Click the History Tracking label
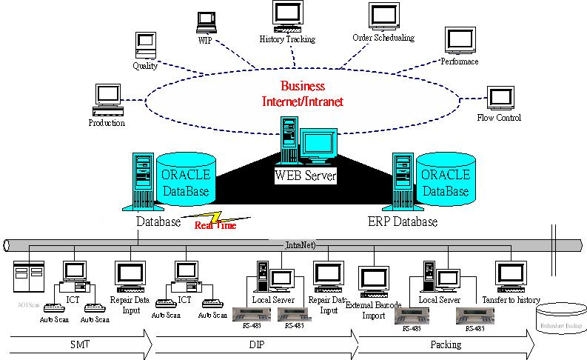coord(287,39)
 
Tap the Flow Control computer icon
coord(500,99)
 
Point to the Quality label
coord(145,66)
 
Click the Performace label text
coord(460,61)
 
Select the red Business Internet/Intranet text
coord(303,94)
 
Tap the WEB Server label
coord(306,176)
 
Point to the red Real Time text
coord(215,225)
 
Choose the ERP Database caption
coord(403,221)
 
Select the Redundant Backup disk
coord(560,316)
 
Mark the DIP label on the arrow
coord(256,344)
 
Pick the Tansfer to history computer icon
coord(510,275)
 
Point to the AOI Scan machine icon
coord(29,279)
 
